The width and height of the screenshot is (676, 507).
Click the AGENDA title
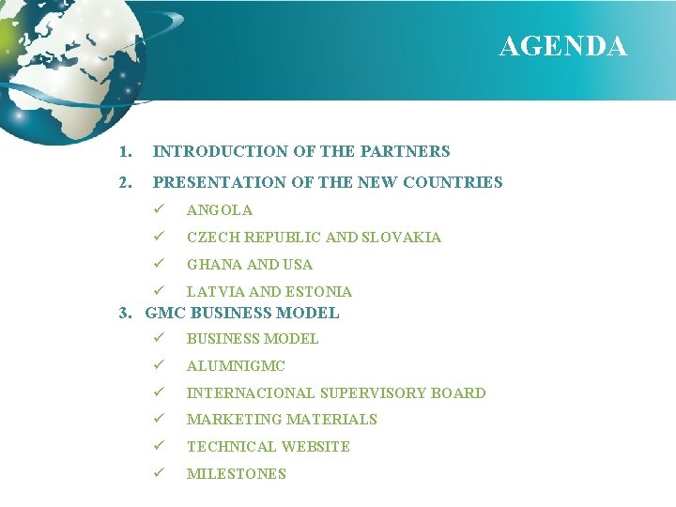(x=562, y=46)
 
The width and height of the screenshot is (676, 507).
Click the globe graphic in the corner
(x=56, y=66)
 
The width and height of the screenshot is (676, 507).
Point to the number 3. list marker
(x=129, y=314)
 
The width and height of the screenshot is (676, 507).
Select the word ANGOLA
(x=219, y=210)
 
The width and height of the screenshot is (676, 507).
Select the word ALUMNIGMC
(x=236, y=366)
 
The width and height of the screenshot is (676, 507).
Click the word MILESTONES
(x=236, y=474)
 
